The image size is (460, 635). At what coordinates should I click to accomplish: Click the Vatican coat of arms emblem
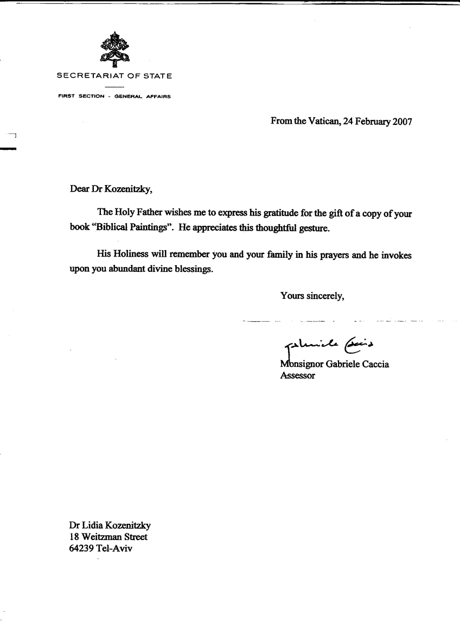(x=114, y=48)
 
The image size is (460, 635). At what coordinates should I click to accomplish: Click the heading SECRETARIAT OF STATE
(x=114, y=77)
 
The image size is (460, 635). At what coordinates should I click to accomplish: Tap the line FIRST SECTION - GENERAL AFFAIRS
(x=114, y=97)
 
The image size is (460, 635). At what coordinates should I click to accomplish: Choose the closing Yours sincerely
(x=312, y=296)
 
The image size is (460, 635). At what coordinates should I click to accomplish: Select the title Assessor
(x=297, y=375)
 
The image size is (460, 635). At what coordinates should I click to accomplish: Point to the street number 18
(x=74, y=537)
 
